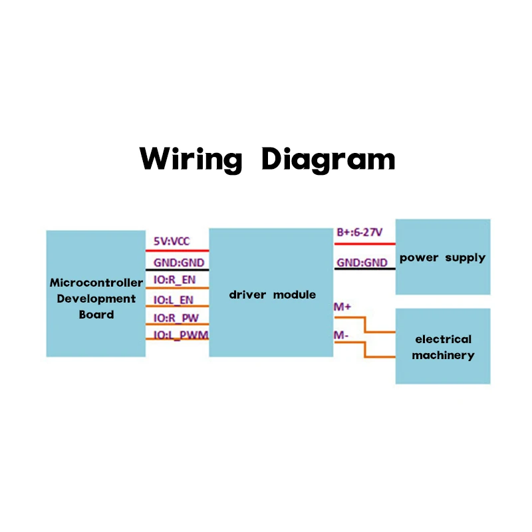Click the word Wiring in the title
point(191,160)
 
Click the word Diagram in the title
point(329,160)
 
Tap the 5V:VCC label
point(172,241)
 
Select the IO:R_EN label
point(174,280)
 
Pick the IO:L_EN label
point(174,300)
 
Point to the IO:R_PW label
point(176,319)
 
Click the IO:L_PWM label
point(181,335)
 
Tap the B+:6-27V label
point(360,232)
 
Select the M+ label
point(342,307)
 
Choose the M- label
point(341,335)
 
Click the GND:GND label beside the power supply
point(362,263)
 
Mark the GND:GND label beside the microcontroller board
point(179,263)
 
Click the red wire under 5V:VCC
point(177,251)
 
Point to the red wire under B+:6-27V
point(364,243)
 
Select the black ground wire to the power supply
point(364,269)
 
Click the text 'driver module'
point(273,295)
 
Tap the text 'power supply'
point(442,258)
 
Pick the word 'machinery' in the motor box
point(443,356)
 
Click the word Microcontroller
point(96,283)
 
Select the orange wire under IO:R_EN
point(177,288)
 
